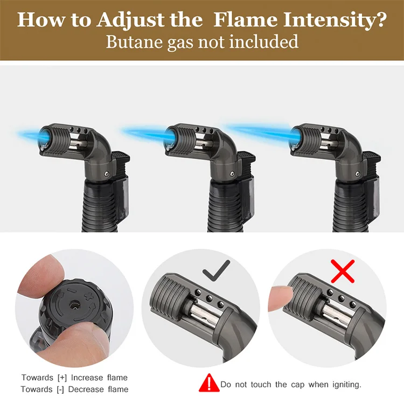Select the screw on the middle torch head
click(x=232, y=173)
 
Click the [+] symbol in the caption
click(x=62, y=378)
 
